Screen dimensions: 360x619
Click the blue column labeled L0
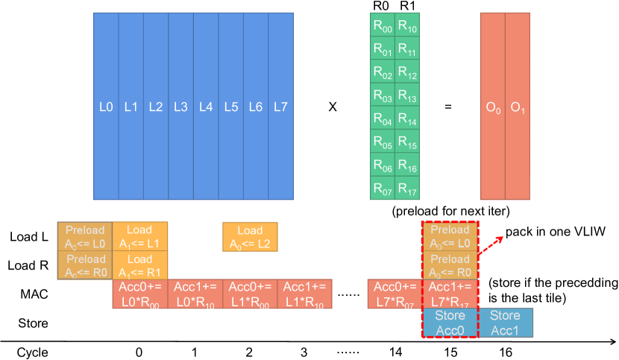(x=105, y=107)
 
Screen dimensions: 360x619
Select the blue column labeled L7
(x=280, y=107)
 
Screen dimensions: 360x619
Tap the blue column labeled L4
(x=205, y=107)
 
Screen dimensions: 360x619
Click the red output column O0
(x=492, y=107)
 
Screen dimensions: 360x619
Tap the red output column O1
(x=518, y=107)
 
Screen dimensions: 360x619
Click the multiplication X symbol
(x=333, y=107)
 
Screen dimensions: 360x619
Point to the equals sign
(x=448, y=107)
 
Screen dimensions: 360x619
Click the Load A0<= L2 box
(x=251, y=236)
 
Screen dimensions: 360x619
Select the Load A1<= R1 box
(x=139, y=265)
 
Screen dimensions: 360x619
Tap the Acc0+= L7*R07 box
(x=395, y=293)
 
